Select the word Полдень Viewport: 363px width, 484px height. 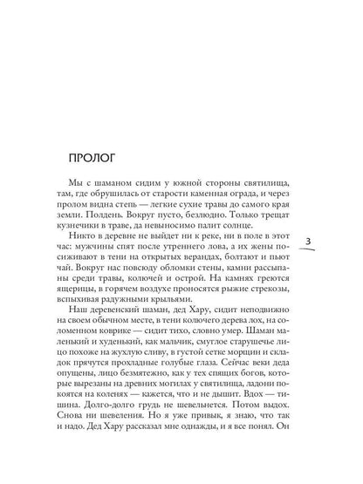pos(108,227)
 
